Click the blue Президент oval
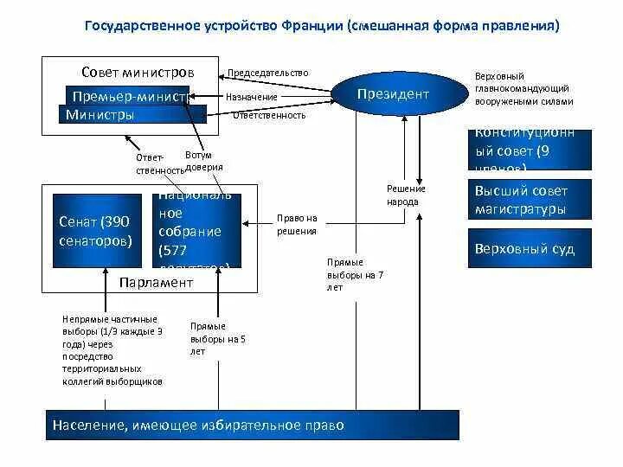point(394,93)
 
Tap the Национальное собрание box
point(197,232)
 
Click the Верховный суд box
point(530,250)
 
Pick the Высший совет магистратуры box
point(530,200)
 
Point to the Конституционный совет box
point(530,150)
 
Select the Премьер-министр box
point(130,97)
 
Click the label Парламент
point(156,282)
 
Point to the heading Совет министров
point(138,71)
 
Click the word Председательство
point(267,74)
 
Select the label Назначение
point(252,97)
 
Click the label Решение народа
point(402,195)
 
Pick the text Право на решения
point(298,224)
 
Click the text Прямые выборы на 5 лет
point(208,339)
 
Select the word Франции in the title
point(311,26)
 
